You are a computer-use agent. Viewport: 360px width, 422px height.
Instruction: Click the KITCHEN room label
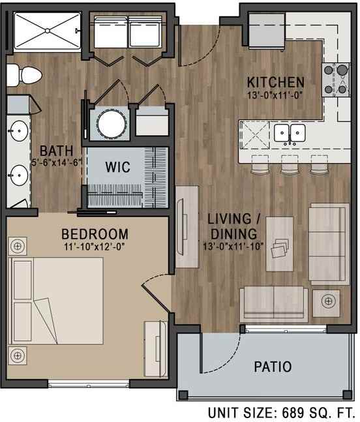(x=276, y=82)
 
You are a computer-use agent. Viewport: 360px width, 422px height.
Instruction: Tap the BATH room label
(x=57, y=151)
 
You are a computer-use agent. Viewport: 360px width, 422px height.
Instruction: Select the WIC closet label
(x=118, y=167)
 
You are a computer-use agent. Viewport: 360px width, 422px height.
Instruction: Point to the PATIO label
(x=273, y=367)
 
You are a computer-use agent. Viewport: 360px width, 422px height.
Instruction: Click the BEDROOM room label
(x=95, y=234)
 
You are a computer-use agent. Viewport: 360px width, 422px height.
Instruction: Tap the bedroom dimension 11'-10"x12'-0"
(x=95, y=247)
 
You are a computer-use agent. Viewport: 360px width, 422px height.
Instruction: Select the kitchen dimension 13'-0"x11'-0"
(x=275, y=95)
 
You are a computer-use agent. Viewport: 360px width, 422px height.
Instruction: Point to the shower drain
(x=48, y=31)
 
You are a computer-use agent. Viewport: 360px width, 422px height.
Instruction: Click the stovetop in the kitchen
(x=336, y=80)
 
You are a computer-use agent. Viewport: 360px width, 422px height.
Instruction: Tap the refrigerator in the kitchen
(x=266, y=31)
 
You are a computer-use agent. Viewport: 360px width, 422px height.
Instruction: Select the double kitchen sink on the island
(x=290, y=133)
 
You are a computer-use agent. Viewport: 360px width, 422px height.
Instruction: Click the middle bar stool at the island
(x=290, y=164)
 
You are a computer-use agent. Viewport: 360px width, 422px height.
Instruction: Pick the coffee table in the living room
(x=280, y=244)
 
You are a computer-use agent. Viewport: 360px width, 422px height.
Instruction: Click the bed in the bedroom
(x=56, y=301)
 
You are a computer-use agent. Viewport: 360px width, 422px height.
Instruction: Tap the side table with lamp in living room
(x=326, y=303)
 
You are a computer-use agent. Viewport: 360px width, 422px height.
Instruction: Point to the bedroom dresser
(x=156, y=349)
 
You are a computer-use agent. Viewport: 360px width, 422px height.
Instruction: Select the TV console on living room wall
(x=187, y=227)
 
